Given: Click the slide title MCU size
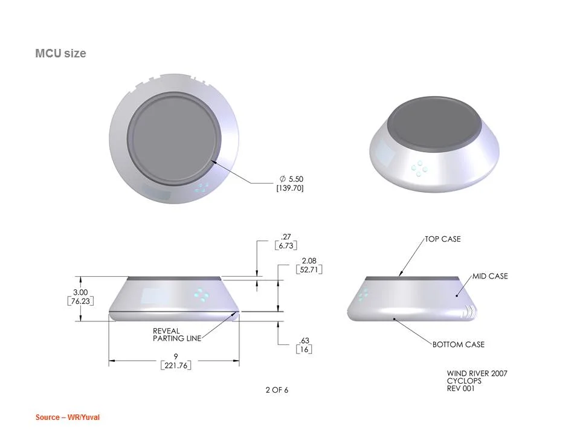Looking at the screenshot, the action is click(60, 53).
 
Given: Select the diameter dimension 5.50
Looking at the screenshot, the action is click(291, 179).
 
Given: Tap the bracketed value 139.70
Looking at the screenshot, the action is click(289, 188).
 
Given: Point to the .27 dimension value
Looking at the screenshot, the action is click(286, 237).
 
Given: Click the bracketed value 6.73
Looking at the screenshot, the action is click(286, 246).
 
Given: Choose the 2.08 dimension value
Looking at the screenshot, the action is click(309, 261).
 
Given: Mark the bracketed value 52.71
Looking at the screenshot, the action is click(309, 269).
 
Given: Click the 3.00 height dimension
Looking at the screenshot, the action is click(80, 292).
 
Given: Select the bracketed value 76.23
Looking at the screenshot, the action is click(80, 301).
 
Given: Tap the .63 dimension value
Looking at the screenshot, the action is click(304, 340).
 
